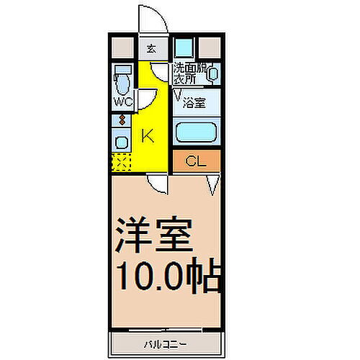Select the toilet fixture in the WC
click(x=122, y=79)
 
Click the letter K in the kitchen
click(x=146, y=135)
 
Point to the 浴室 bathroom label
click(x=194, y=102)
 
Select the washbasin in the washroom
click(x=213, y=72)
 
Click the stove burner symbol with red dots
click(x=122, y=120)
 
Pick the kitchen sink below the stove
click(x=122, y=141)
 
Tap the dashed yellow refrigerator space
click(x=121, y=163)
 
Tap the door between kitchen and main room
click(x=158, y=185)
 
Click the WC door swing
click(x=146, y=99)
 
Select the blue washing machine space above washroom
click(x=184, y=48)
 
